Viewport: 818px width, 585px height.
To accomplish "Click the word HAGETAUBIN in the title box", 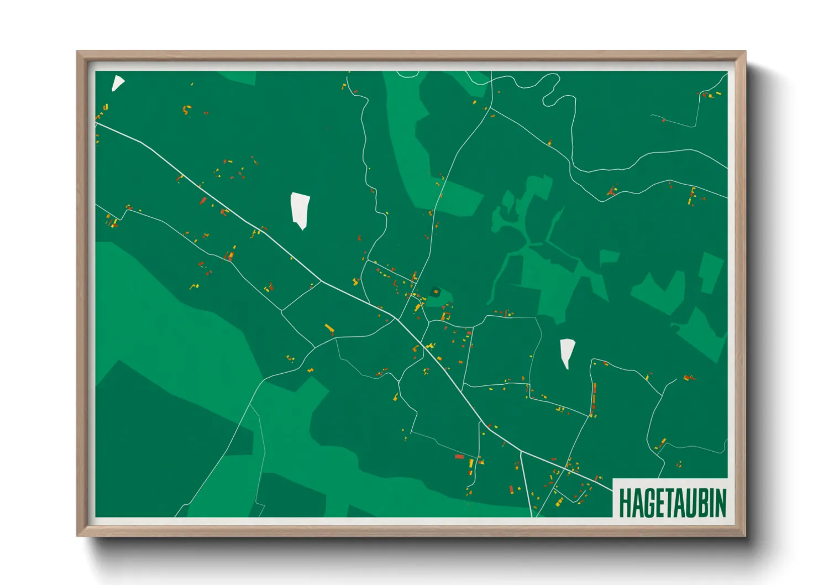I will click(672, 503).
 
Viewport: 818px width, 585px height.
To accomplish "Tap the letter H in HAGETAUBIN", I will click(625, 503).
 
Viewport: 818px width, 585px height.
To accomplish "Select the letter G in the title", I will click(649, 503).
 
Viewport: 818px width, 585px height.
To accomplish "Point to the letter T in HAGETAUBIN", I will click(671, 503).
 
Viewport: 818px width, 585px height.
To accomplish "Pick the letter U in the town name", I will click(694, 503).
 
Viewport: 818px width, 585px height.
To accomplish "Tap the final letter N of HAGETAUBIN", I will click(720, 503).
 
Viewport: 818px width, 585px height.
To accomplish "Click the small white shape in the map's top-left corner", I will click(117, 83).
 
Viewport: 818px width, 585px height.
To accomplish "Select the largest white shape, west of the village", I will click(300, 209).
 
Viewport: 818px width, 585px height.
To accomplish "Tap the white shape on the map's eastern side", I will click(567, 352).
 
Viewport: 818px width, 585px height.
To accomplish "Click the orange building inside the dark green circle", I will click(436, 291).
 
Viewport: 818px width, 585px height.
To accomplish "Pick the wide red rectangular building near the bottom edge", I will click(459, 457).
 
